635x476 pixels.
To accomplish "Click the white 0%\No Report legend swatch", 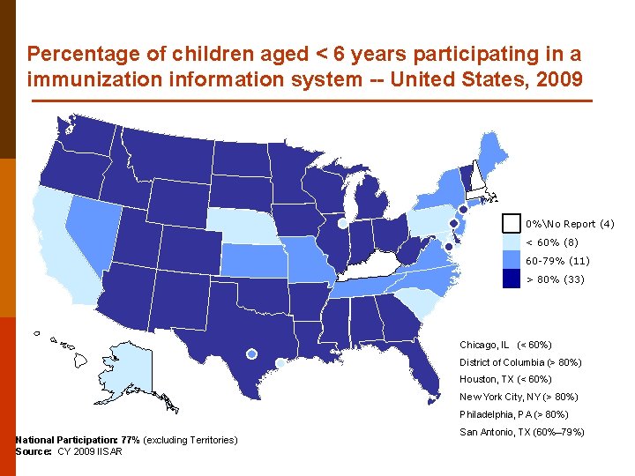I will click(512, 223).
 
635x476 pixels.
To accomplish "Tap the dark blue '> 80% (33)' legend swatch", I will click(512, 279).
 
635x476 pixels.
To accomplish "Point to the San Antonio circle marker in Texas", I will click(251, 353).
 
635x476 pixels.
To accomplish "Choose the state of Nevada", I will click(93, 229).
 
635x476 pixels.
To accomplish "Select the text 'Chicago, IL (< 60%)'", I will click(505, 345).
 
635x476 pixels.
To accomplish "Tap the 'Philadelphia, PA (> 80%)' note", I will click(514, 414).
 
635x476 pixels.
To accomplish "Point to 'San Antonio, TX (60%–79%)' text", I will click(521, 431).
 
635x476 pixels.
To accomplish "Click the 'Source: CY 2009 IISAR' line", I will click(69, 451).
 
